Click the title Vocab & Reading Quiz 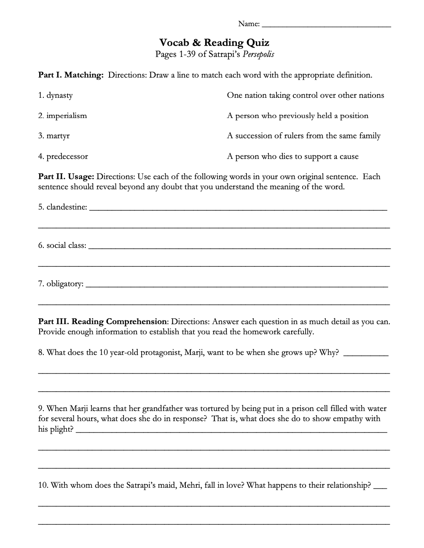point(214,43)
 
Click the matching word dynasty point(59,95)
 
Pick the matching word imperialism point(67,116)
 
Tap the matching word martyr point(58,136)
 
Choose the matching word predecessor point(67,156)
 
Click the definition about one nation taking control point(305,95)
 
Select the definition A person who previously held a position point(298,116)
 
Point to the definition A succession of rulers point(303,136)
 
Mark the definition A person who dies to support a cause point(293,156)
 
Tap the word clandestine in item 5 point(67,207)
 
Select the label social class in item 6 point(66,245)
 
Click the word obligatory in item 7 point(64,284)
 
